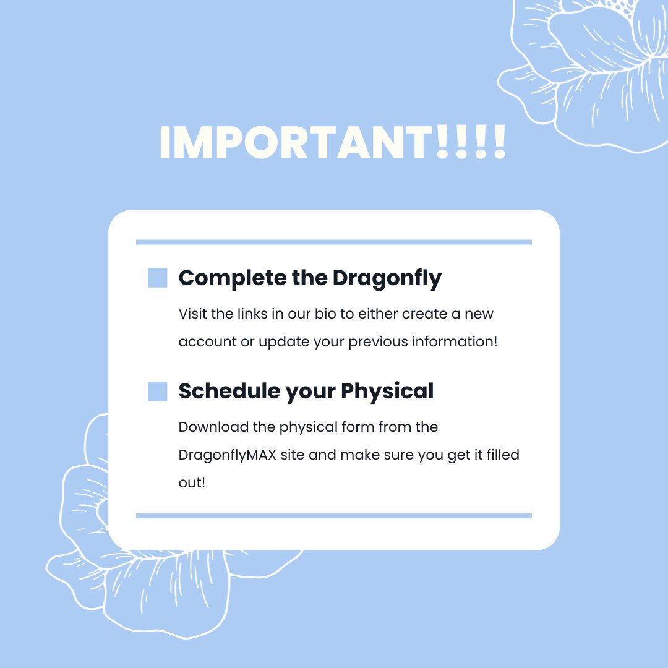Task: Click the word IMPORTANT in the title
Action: (x=297, y=143)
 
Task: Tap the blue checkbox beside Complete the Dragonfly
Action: (x=158, y=278)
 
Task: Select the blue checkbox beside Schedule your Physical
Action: (x=158, y=391)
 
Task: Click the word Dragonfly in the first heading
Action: (x=387, y=278)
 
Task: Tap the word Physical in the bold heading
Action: (x=387, y=391)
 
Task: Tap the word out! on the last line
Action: (x=192, y=482)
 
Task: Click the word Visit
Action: (x=192, y=314)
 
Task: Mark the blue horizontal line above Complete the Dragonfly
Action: (x=334, y=242)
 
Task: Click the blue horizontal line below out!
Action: (x=334, y=515)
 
